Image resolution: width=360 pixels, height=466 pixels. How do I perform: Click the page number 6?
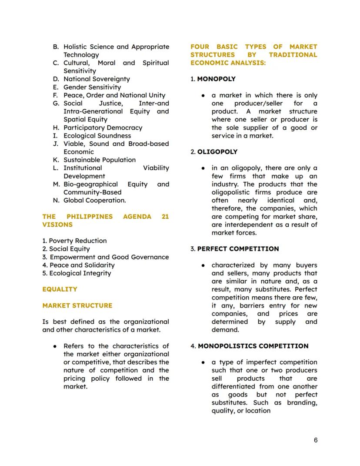[x=316, y=440]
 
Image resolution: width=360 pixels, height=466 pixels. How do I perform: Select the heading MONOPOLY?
[x=216, y=79]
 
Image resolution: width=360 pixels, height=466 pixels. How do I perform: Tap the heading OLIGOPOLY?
[x=217, y=152]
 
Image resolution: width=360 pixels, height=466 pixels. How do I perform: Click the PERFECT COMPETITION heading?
[x=238, y=249]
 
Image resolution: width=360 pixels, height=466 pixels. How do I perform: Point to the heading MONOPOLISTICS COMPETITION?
[x=253, y=346]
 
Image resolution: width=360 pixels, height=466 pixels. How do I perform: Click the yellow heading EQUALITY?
[x=60, y=289]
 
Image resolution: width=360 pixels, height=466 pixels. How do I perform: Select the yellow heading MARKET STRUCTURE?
[x=77, y=305]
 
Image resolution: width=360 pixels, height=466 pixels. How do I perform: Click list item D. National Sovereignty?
[x=96, y=79]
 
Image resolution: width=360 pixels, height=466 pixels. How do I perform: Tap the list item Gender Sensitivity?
[x=92, y=87]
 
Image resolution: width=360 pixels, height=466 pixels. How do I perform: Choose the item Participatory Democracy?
[x=103, y=127]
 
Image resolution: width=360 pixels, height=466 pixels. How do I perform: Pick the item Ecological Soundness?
[x=97, y=136]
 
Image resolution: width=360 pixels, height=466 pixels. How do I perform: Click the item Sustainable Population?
[x=99, y=160]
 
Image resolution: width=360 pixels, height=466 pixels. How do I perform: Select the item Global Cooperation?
[x=94, y=200]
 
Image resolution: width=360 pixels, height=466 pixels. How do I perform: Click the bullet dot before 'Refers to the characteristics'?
[x=55, y=346]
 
